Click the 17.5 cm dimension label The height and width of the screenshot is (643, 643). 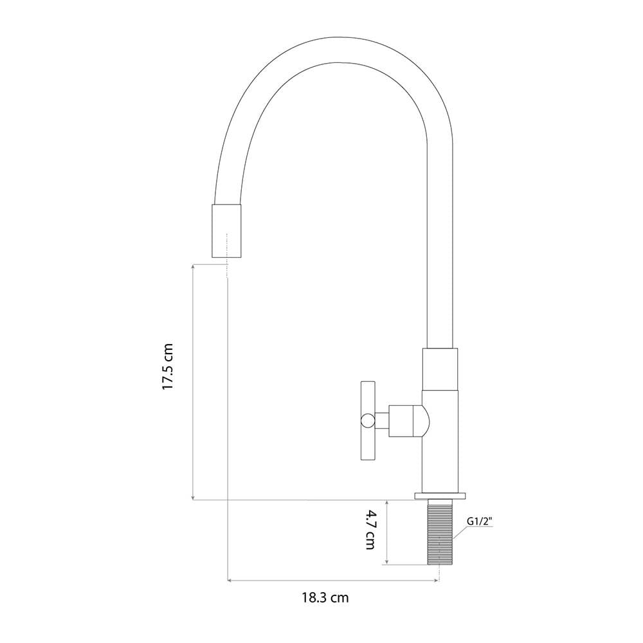pyautogui.click(x=168, y=367)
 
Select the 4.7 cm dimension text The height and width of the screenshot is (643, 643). pyautogui.click(x=370, y=529)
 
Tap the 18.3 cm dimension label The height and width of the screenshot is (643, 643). pyautogui.click(x=325, y=597)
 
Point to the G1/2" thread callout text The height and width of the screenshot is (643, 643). pyautogui.click(x=480, y=521)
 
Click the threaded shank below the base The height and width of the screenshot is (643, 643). pyautogui.click(x=440, y=532)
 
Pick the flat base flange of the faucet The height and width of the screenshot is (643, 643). pyautogui.click(x=440, y=496)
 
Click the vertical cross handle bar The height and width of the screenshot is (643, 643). pyautogui.click(x=368, y=421)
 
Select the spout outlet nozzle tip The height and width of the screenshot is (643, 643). pyautogui.click(x=226, y=231)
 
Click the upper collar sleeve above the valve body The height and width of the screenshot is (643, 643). pyautogui.click(x=440, y=369)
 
